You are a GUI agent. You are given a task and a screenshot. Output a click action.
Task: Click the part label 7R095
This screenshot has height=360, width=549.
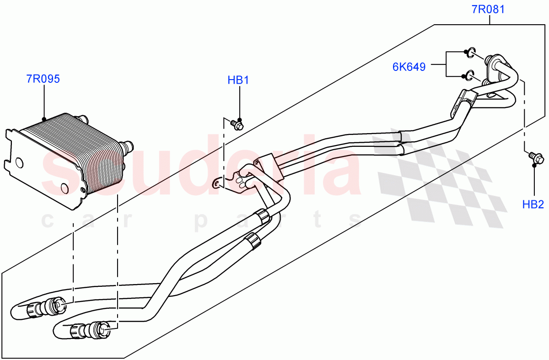pos(43,79)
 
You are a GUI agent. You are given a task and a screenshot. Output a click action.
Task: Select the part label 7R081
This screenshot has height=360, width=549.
pos(488,9)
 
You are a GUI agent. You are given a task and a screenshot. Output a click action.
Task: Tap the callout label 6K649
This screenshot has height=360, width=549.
pos(409,67)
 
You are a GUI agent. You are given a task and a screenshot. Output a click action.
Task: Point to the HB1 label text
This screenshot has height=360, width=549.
pos(238,81)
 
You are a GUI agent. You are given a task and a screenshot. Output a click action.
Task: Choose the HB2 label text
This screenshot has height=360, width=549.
pos(533,204)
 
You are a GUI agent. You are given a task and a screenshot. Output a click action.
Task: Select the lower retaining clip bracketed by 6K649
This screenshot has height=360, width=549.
pos(468,75)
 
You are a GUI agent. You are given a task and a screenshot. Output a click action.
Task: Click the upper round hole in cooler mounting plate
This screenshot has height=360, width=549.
pos(19,162)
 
